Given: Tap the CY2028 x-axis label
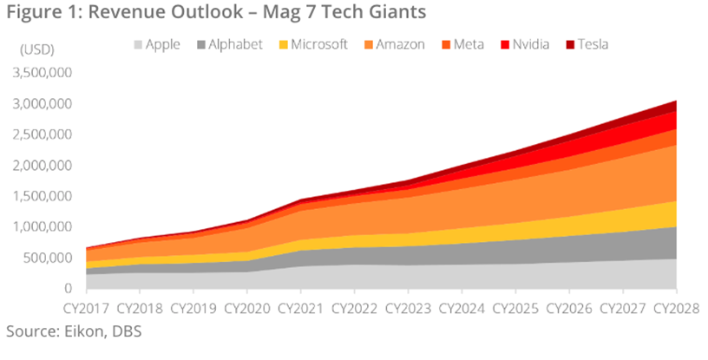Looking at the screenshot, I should pyautogui.click(x=673, y=307).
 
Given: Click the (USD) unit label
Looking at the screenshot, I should pyautogui.click(x=36, y=50).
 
